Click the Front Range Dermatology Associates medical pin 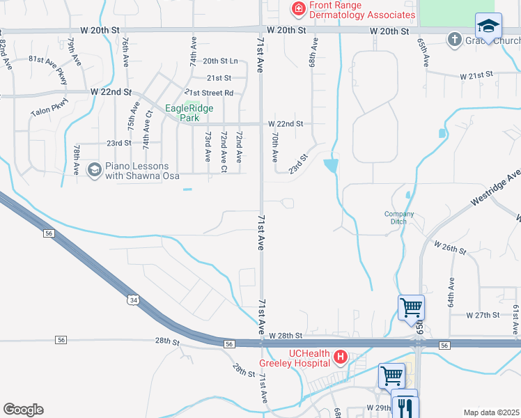(298, 9)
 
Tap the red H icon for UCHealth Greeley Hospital (341, 358)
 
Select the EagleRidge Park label (189, 113)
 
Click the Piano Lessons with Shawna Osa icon (94, 169)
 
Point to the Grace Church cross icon (455, 39)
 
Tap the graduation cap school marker (488, 27)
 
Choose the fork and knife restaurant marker (405, 405)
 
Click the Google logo (23, 410)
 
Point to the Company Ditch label (399, 217)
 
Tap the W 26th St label (449, 247)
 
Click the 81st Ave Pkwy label (47, 68)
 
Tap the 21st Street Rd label (208, 93)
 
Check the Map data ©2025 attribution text (491, 412)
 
